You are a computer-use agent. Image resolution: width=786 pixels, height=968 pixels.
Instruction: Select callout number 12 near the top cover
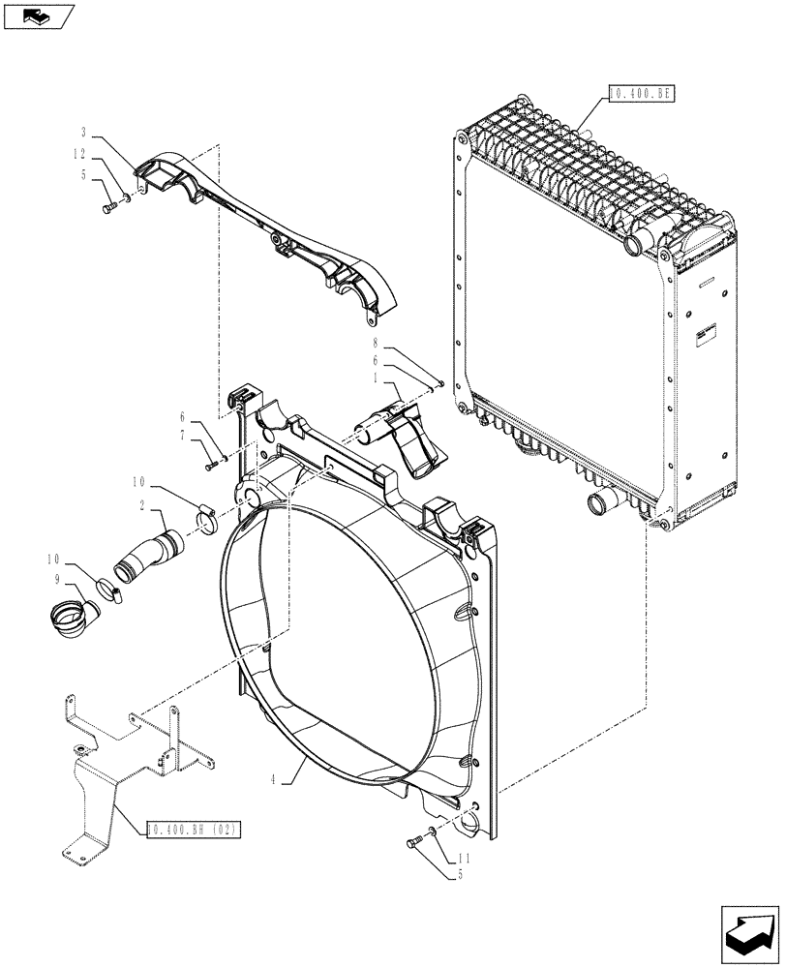[79, 153]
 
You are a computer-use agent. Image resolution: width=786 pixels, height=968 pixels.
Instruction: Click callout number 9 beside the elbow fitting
[58, 578]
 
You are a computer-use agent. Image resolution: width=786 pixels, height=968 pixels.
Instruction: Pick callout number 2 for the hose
[142, 506]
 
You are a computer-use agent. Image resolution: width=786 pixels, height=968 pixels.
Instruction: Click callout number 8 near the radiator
[374, 343]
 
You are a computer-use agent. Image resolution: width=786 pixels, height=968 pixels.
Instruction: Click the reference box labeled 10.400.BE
[639, 94]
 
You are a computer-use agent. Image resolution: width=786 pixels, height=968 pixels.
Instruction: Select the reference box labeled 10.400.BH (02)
[194, 830]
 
